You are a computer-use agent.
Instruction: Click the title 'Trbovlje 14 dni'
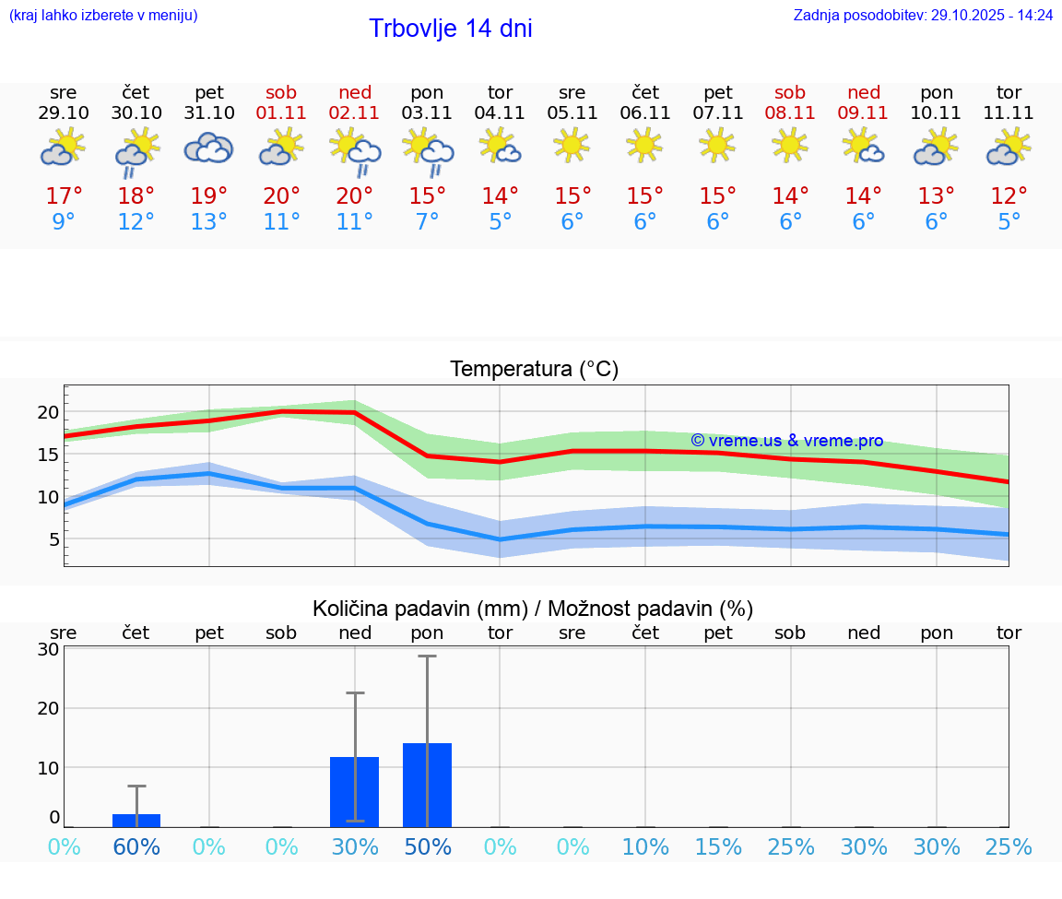(x=450, y=29)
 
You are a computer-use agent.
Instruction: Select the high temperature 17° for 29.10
(x=64, y=196)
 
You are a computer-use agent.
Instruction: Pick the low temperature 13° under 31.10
(x=209, y=222)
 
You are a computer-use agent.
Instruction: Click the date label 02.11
(x=355, y=113)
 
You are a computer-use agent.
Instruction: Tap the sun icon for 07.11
(x=717, y=145)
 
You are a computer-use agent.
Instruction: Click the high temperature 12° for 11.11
(x=1009, y=196)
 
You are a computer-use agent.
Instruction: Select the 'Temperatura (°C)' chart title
(x=534, y=370)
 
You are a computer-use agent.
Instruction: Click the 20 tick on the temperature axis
(x=48, y=412)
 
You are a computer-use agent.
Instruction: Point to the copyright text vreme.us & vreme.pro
(x=786, y=441)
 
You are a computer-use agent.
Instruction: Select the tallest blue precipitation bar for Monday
(x=427, y=785)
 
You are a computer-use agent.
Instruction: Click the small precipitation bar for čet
(x=136, y=821)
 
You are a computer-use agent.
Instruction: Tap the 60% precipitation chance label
(x=136, y=847)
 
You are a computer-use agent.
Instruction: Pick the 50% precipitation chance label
(x=428, y=847)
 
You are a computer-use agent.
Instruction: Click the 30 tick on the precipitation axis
(x=48, y=649)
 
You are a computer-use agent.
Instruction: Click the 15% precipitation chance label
(x=718, y=847)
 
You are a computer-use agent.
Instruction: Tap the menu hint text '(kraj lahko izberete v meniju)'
(x=102, y=16)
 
